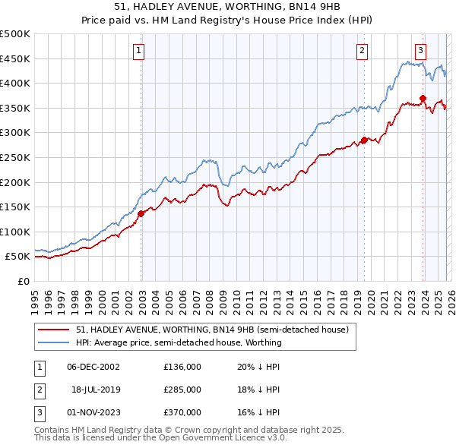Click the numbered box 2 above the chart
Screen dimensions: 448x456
pyautogui.click(x=362, y=51)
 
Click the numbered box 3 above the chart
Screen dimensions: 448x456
pyautogui.click(x=420, y=51)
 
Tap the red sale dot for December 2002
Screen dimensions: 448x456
pyautogui.click(x=141, y=213)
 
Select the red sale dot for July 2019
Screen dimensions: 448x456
pyautogui.click(x=364, y=140)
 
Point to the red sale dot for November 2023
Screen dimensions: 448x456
pyautogui.click(x=423, y=98)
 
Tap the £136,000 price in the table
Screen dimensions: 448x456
pyautogui.click(x=182, y=366)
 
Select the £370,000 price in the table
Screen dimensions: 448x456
pyautogui.click(x=182, y=412)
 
